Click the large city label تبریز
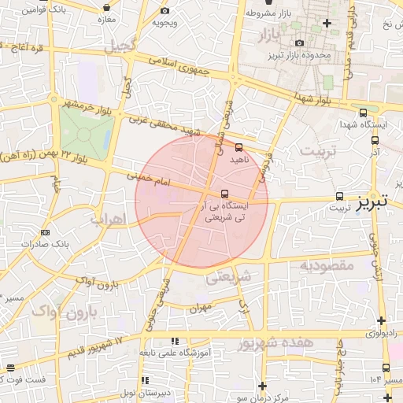371,201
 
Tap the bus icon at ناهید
239,146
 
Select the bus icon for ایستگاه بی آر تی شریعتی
226,193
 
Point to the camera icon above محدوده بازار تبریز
299,43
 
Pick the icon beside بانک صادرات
44,232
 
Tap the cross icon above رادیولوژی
382,320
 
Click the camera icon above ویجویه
165,11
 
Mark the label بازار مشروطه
271,13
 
